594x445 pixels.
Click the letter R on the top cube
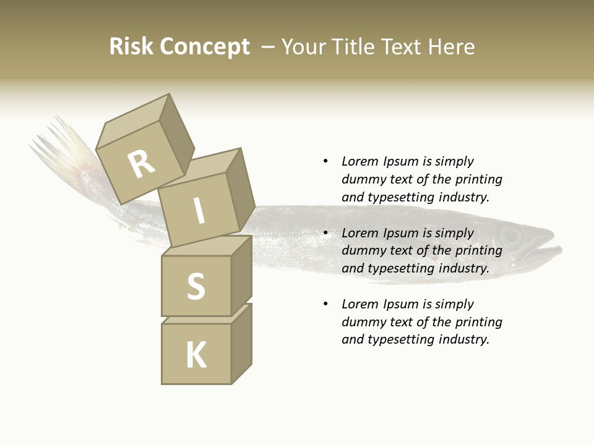(141, 164)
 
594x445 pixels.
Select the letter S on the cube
(196, 287)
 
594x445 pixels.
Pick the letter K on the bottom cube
(196, 355)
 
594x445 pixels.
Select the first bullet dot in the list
(325, 161)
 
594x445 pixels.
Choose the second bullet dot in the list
(325, 233)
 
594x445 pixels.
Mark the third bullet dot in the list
(325, 304)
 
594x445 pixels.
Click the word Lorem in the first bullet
(359, 161)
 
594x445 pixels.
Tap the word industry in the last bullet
(463, 339)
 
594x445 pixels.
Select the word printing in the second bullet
(479, 250)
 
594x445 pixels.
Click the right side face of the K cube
(241, 343)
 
